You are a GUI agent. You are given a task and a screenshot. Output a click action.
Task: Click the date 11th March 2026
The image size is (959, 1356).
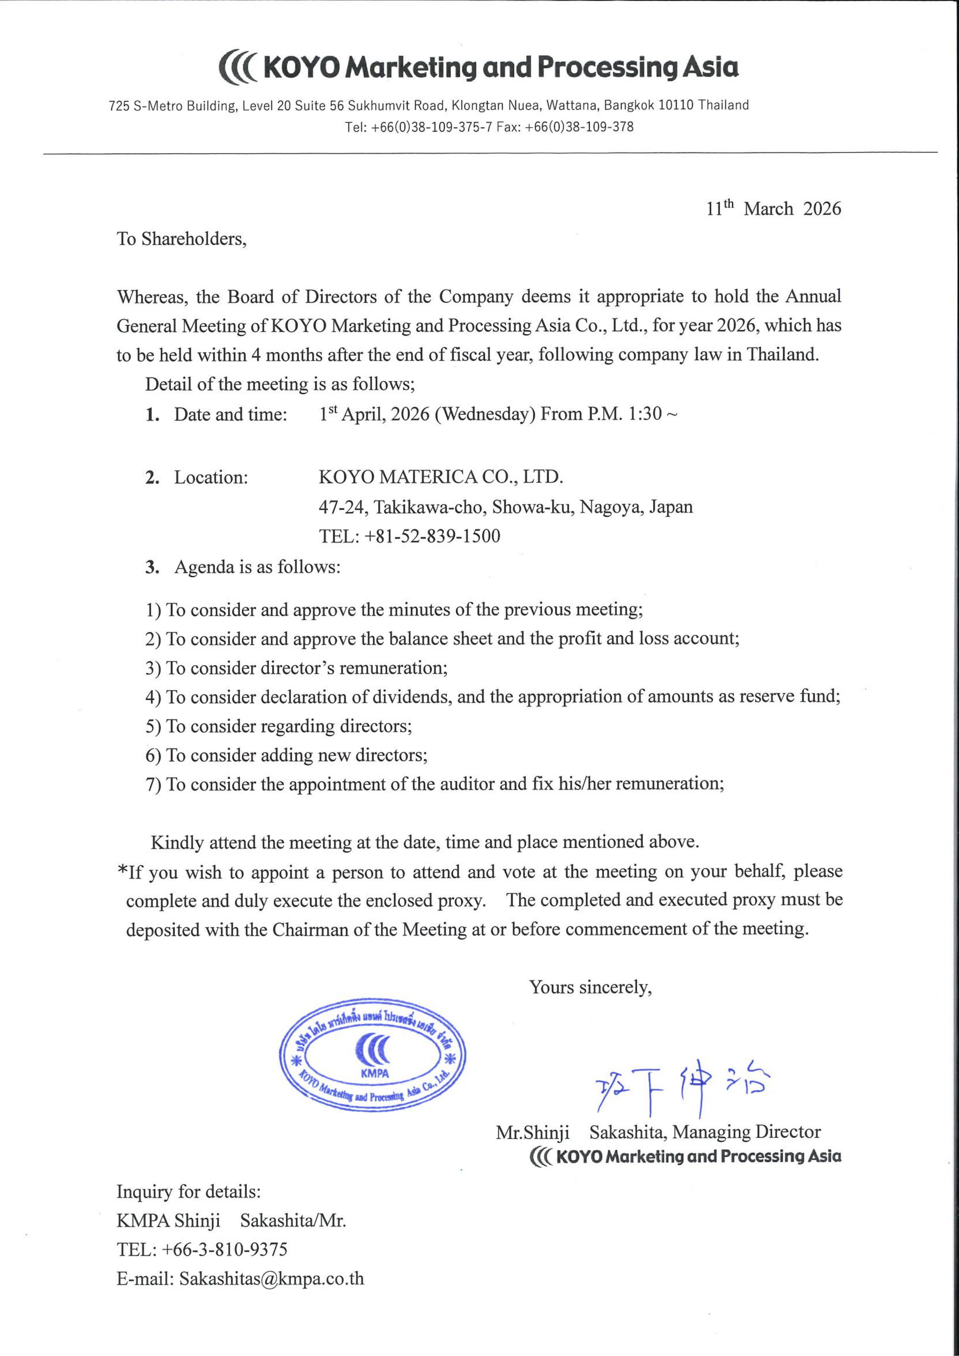pos(774,209)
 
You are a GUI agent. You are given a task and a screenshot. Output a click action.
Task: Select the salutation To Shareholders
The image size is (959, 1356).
pos(181,239)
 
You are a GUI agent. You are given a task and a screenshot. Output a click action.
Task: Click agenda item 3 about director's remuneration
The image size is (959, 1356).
pos(296,669)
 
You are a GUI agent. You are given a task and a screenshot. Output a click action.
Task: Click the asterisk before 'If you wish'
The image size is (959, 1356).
pos(122,871)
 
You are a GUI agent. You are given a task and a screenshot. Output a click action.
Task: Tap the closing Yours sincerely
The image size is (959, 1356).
pos(590,987)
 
